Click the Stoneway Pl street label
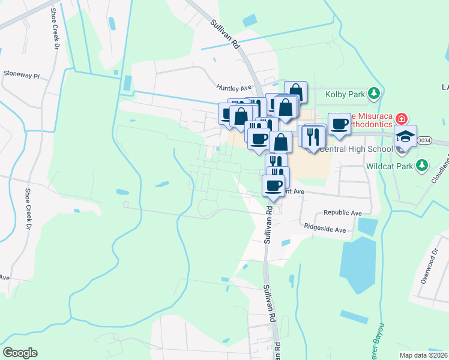22,76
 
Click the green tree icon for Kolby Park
375,93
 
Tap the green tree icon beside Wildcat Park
422,164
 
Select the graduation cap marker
406,135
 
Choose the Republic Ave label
343,213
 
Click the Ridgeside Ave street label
325,229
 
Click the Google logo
20,353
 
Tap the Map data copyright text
423,355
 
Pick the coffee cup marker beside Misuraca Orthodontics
339,124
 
